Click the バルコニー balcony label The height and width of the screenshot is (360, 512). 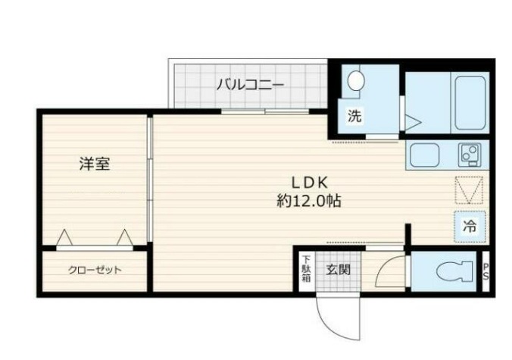click(x=251, y=84)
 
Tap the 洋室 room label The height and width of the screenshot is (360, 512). click(x=95, y=163)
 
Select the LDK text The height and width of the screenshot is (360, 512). click(x=309, y=183)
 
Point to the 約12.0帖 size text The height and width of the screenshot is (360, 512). click(x=308, y=202)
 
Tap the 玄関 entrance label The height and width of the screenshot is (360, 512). click(x=338, y=269)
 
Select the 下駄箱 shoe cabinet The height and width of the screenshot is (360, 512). click(x=306, y=268)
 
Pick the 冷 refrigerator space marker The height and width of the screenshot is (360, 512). click(x=470, y=224)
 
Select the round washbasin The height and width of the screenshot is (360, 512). click(x=355, y=81)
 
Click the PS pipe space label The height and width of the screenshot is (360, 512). click(x=485, y=271)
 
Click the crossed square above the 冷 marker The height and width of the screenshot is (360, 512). click(x=468, y=189)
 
